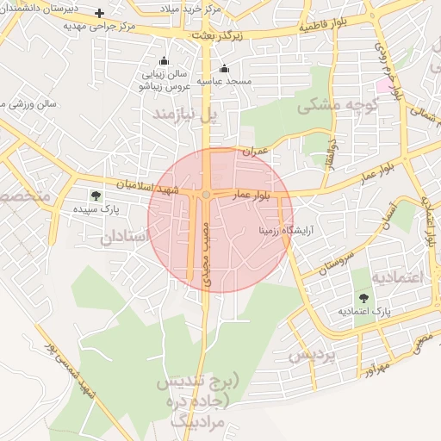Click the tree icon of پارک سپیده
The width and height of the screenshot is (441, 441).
pyautogui.click(x=95, y=196)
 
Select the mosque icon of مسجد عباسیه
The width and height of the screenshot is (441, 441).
pyautogui.click(x=225, y=69)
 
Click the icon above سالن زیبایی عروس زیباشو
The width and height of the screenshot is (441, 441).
pyautogui.click(x=164, y=61)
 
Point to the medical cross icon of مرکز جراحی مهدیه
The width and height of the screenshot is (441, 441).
pyautogui.click(x=100, y=14)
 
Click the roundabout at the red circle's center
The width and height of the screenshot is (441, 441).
pyautogui.click(x=207, y=195)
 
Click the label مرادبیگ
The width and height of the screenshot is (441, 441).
pyautogui.click(x=196, y=421)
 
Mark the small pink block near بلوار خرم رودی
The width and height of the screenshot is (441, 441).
pyautogui.click(x=382, y=86)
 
